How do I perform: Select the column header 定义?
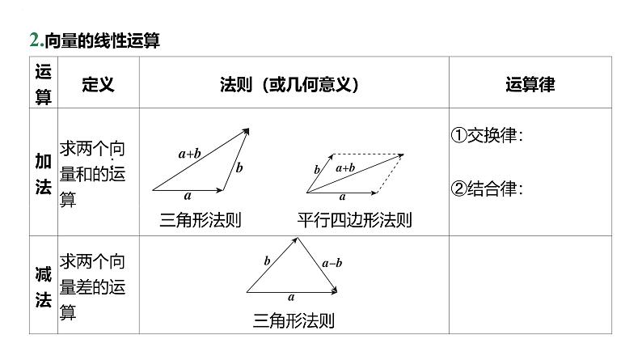(x=99, y=84)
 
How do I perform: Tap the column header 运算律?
(x=530, y=84)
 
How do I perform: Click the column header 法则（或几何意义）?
(x=289, y=84)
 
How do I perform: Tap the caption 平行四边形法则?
(x=354, y=219)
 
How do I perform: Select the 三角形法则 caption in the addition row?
(x=201, y=219)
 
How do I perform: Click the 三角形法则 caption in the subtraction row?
(x=294, y=320)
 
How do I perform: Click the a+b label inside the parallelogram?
(x=345, y=167)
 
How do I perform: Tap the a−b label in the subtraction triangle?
(x=332, y=263)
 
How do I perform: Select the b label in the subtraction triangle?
(x=267, y=260)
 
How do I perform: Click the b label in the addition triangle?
(x=239, y=167)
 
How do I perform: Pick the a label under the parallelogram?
(x=342, y=196)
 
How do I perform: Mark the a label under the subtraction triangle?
(x=291, y=298)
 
